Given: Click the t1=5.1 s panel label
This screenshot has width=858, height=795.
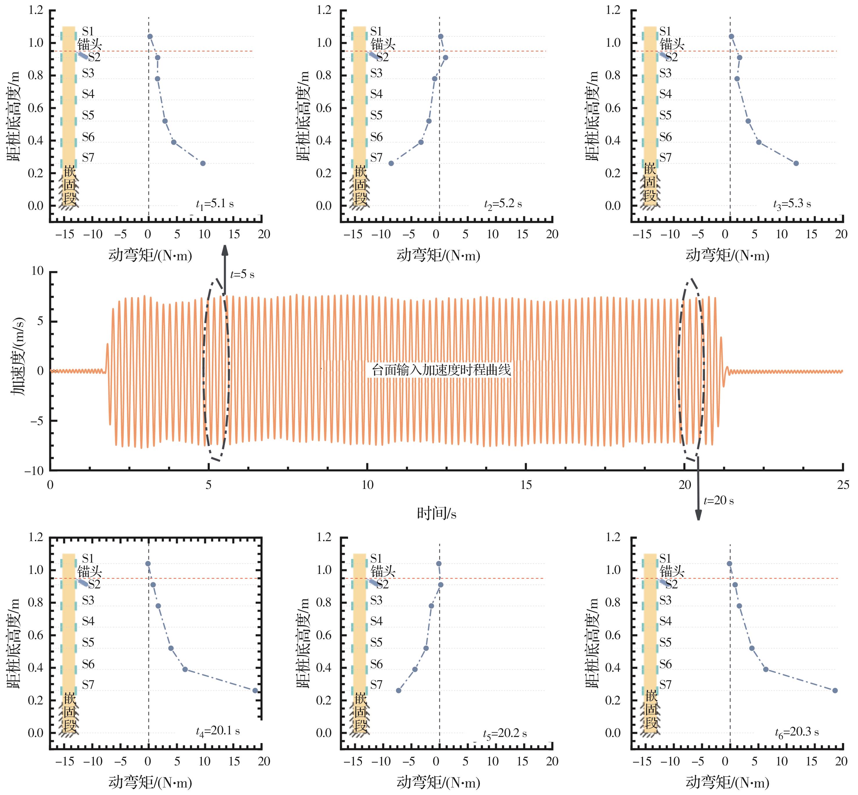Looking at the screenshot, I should tap(215, 204).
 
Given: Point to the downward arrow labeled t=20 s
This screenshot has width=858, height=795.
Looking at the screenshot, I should tap(698, 488).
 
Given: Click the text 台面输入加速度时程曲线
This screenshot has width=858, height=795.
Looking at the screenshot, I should tap(441, 370).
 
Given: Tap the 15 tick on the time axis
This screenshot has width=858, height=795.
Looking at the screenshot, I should tap(526, 485).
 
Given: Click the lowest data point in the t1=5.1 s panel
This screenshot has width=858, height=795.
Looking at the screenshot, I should tap(203, 163).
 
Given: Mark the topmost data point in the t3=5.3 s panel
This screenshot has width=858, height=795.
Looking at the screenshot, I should tap(731, 37).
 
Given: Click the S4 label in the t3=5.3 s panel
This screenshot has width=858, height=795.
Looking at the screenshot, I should tap(665, 94).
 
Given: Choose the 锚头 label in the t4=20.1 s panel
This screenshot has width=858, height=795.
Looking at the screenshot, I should tap(89, 572).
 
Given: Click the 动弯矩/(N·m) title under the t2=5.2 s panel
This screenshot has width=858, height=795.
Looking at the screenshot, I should tap(438, 256).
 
